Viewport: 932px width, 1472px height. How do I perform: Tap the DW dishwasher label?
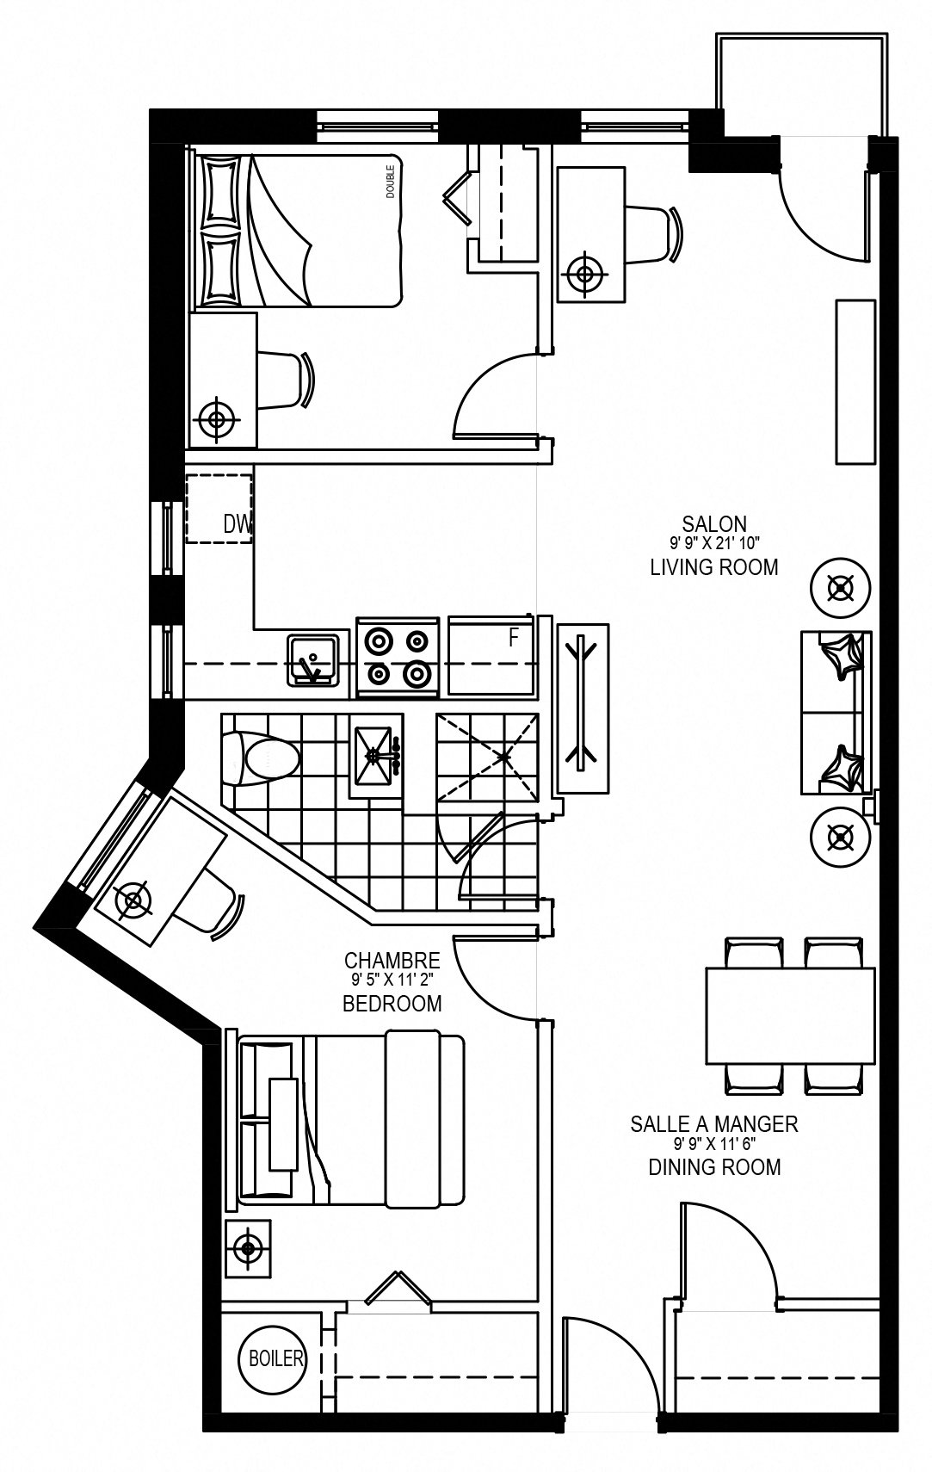(x=238, y=523)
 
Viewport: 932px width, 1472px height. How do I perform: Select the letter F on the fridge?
(x=515, y=637)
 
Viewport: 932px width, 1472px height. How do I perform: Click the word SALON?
(x=714, y=523)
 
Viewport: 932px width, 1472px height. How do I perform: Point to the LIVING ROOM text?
(x=714, y=567)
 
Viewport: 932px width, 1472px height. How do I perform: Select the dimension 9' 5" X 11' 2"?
(x=392, y=980)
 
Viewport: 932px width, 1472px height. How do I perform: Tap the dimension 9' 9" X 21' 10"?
(x=714, y=543)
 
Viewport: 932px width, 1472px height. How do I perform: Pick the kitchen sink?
(x=313, y=659)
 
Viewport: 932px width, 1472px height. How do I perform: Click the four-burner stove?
(x=398, y=657)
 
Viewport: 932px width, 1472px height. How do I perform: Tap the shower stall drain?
(x=503, y=757)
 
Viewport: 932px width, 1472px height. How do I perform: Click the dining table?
(x=790, y=1015)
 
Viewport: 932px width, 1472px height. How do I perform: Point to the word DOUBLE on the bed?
(x=391, y=182)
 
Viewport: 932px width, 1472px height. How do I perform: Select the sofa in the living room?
(x=836, y=713)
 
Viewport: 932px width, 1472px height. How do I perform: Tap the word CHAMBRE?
(x=392, y=960)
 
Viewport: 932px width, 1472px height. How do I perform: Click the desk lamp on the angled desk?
(x=133, y=900)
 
